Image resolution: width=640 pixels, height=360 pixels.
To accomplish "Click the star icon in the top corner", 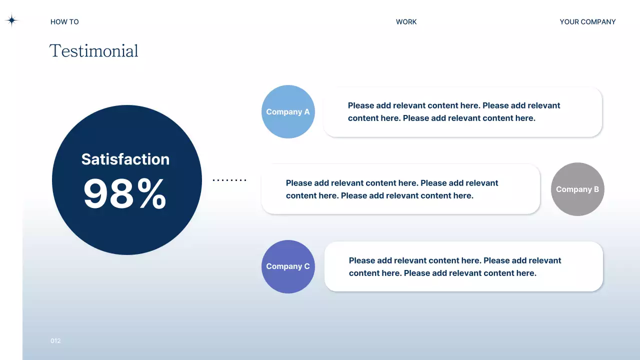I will [11, 20].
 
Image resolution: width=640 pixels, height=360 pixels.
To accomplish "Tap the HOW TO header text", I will [64, 22].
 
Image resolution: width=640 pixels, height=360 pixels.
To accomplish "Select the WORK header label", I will [406, 22].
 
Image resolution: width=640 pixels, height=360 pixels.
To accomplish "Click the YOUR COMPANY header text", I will [587, 22].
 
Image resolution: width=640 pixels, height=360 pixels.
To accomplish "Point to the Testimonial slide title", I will [93, 51].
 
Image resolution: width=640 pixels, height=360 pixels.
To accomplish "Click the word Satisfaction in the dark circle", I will [125, 159].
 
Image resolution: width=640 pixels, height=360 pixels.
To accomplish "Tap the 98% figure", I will [124, 194].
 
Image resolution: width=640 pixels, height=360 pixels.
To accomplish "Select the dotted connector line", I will [229, 180].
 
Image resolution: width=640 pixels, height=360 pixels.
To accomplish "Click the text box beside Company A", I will [462, 112].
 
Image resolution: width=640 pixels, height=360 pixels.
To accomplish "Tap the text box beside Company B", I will [400, 189].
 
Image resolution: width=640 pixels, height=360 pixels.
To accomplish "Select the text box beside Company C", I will [463, 266].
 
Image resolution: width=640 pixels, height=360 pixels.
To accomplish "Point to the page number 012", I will [55, 341].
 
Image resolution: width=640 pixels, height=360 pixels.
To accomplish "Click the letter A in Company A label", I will [306, 112].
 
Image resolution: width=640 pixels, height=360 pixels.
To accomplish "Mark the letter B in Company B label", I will [596, 189].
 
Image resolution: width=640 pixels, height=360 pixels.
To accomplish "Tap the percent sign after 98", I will [151, 194].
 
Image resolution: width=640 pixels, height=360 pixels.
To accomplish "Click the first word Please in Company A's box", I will [360, 105].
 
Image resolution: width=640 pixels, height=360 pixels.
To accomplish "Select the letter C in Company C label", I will [306, 266].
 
